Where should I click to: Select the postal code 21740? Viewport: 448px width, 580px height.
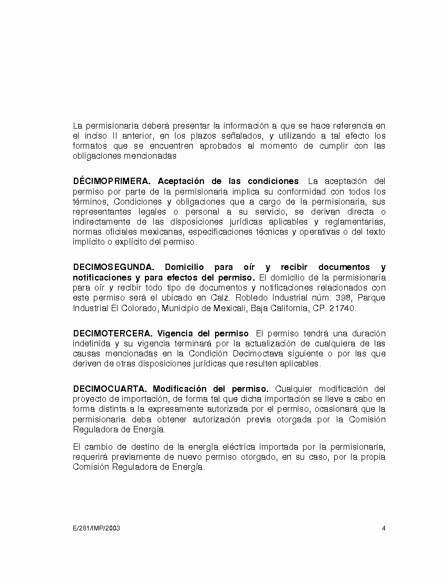click(x=343, y=308)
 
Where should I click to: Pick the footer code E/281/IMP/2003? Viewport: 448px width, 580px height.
click(x=96, y=528)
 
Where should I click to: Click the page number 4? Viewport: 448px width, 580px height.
click(x=384, y=528)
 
